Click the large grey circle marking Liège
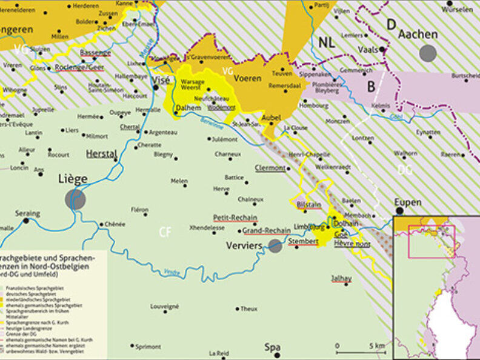[75, 198]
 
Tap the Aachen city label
[418, 35]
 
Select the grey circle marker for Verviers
[275, 245]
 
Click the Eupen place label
[408, 202]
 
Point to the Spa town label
[272, 347]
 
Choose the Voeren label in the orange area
[247, 78]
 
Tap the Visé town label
[161, 79]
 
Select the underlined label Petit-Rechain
[235, 218]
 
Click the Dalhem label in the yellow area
[188, 108]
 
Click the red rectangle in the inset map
[432, 241]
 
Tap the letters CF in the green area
[165, 231]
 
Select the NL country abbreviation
[326, 42]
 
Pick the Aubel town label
[272, 117]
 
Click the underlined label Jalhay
[341, 278]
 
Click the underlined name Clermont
[270, 167]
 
